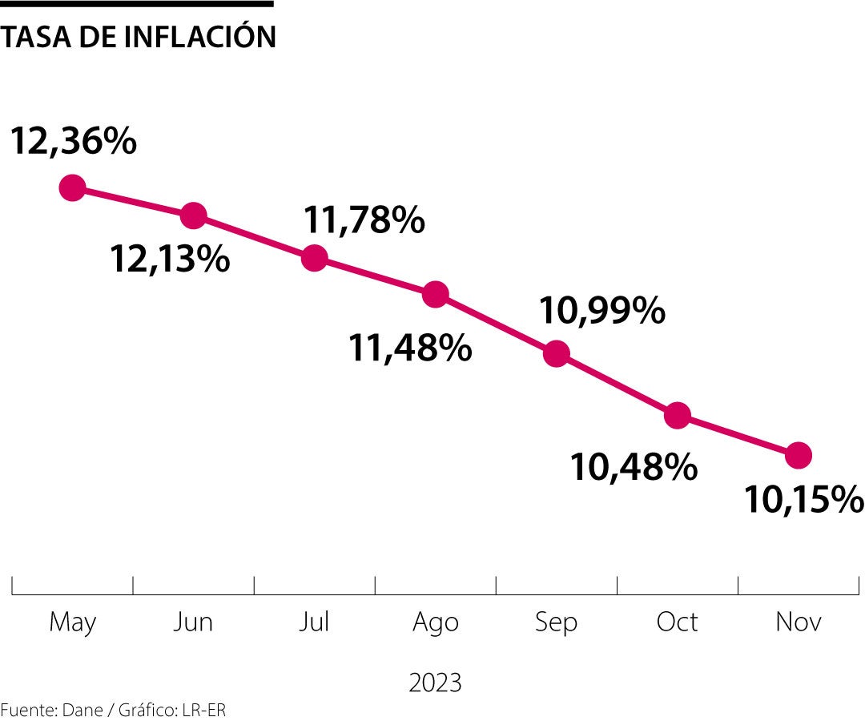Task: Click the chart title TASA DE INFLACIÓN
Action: tap(138, 37)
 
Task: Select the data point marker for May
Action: tap(73, 188)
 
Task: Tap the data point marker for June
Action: tap(194, 215)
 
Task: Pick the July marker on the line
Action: tap(315, 258)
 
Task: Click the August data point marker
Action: tap(435, 294)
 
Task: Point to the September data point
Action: tap(557, 353)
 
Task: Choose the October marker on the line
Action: tap(678, 415)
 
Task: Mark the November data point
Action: tap(799, 455)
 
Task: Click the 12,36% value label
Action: tap(73, 142)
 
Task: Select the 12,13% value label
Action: tap(170, 259)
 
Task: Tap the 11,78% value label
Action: tap(364, 220)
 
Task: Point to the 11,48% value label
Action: tap(409, 348)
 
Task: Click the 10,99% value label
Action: tap(601, 311)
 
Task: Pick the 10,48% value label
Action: tap(633, 466)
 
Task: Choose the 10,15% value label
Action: tap(803, 500)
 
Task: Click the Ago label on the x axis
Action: tap(436, 622)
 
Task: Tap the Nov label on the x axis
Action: tap(799, 622)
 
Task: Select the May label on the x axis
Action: tap(73, 622)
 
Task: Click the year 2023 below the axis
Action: tap(435, 683)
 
